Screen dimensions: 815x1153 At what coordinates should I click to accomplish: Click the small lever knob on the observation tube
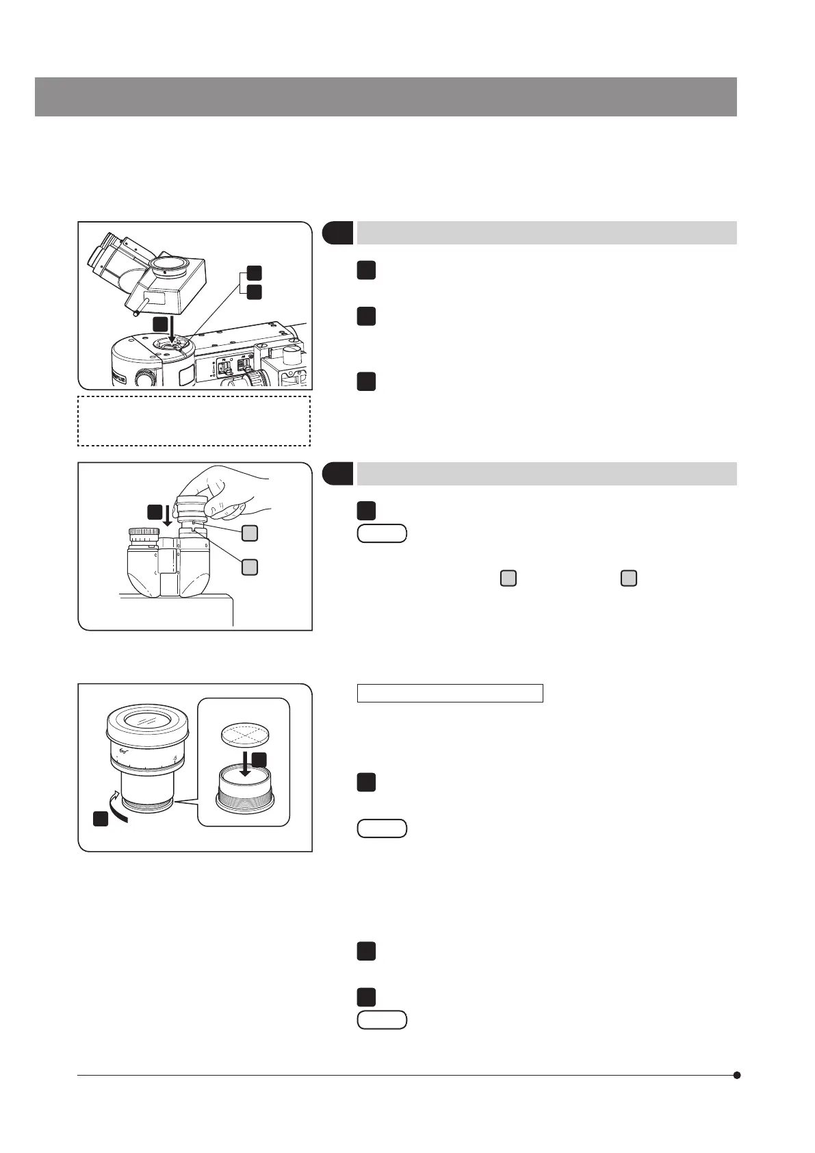pyautogui.click(x=136, y=314)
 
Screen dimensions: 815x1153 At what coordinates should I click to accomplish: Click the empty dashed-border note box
pyautogui.click(x=194, y=420)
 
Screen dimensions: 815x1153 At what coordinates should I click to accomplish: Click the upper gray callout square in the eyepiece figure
pyautogui.click(x=250, y=533)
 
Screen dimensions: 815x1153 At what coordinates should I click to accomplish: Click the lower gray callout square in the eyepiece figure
pyautogui.click(x=250, y=567)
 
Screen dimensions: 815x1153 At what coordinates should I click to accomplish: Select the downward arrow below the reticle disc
pyautogui.click(x=245, y=763)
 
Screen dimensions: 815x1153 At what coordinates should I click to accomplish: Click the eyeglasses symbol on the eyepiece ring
pyautogui.click(x=124, y=752)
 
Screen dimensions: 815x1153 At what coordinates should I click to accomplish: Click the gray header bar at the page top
pyautogui.click(x=385, y=97)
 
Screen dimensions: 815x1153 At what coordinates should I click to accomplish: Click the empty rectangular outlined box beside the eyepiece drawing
pyautogui.click(x=450, y=693)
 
